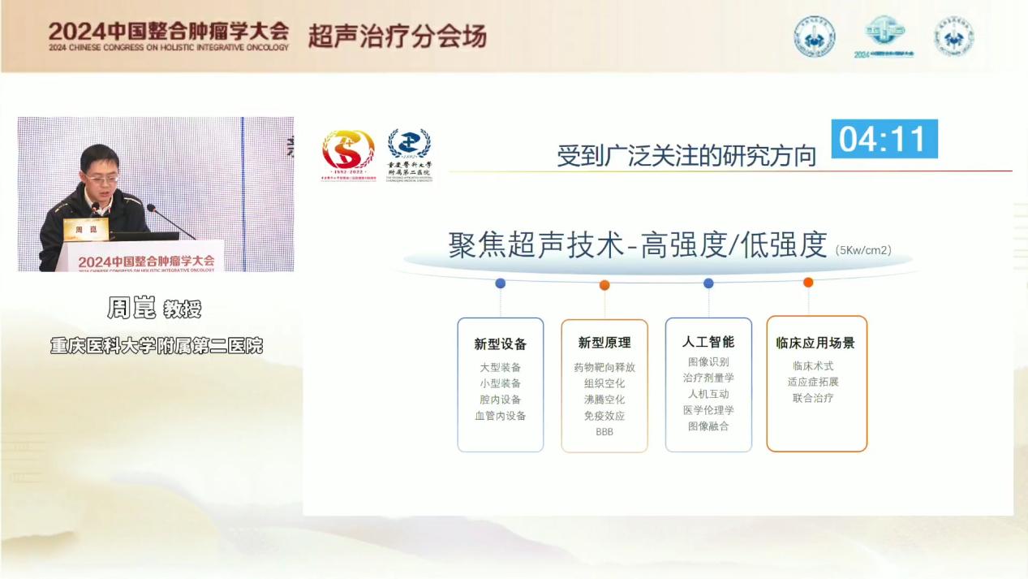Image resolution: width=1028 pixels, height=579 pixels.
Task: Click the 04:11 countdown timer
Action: click(x=884, y=139)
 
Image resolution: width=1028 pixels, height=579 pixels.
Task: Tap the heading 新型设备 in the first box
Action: click(x=501, y=344)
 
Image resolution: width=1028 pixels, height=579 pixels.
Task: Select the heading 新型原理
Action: click(x=604, y=343)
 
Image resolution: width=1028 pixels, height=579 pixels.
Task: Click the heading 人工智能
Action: click(x=708, y=342)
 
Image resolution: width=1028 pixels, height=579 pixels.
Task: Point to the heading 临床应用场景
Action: click(x=815, y=343)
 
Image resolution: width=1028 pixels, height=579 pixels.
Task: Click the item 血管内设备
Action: click(x=501, y=416)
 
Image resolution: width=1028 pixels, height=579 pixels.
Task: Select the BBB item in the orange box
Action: click(x=604, y=432)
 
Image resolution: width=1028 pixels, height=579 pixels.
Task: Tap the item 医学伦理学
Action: click(x=708, y=410)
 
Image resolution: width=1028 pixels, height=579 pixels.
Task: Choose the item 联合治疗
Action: click(x=813, y=398)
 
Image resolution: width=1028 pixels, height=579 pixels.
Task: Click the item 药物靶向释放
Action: click(x=604, y=367)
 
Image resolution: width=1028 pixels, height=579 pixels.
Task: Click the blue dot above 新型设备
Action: click(x=500, y=283)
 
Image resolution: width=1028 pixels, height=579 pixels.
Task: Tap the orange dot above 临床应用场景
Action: click(x=808, y=283)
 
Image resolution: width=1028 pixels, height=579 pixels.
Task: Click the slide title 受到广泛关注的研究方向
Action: click(x=686, y=156)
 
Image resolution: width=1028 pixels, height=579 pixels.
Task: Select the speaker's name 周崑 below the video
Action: click(x=131, y=309)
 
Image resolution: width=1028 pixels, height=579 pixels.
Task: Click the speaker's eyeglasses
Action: click(x=101, y=176)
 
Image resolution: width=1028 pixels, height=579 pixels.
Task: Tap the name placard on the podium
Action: click(x=85, y=230)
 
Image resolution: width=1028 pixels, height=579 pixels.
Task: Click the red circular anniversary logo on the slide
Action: click(x=348, y=151)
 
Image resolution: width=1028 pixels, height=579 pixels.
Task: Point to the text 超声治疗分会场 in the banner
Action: click(x=397, y=37)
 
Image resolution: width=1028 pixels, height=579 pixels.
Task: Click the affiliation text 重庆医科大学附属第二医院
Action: click(x=157, y=345)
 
